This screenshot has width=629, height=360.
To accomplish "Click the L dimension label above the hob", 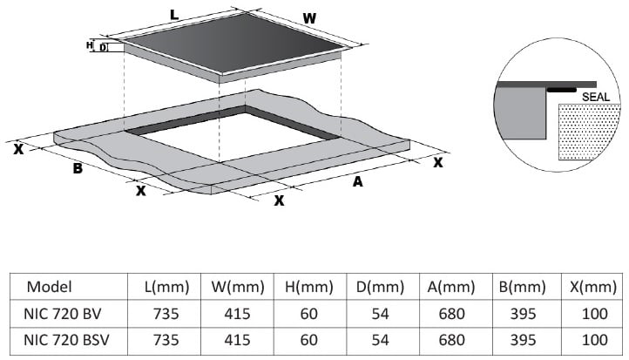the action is [173, 15].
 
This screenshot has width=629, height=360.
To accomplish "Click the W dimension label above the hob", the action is [309, 18].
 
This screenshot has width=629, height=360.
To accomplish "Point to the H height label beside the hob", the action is [90, 45].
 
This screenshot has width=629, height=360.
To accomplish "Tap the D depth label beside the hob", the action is [103, 47].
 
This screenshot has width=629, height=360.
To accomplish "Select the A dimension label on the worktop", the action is [357, 182].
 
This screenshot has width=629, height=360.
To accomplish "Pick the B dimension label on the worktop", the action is [78, 168].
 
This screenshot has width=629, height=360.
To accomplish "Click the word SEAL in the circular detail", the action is [595, 97].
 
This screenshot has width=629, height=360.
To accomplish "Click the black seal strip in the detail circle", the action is [562, 90].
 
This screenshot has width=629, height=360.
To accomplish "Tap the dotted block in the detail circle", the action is [589, 132].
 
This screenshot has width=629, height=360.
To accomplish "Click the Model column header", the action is [49, 287].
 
